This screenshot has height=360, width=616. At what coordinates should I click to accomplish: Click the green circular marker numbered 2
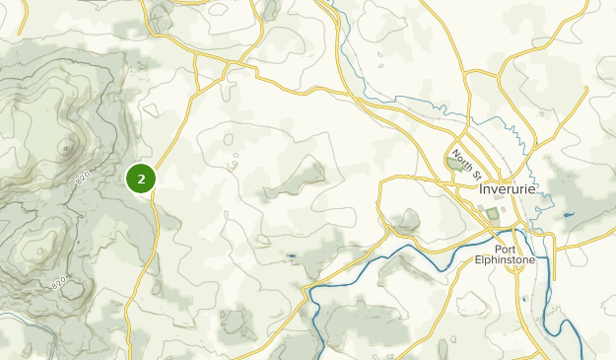point(142,179)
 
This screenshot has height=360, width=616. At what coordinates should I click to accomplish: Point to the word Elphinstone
point(518,261)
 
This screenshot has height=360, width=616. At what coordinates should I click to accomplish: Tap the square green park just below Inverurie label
point(493,214)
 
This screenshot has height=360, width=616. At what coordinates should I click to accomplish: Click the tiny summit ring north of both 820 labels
point(66,149)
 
